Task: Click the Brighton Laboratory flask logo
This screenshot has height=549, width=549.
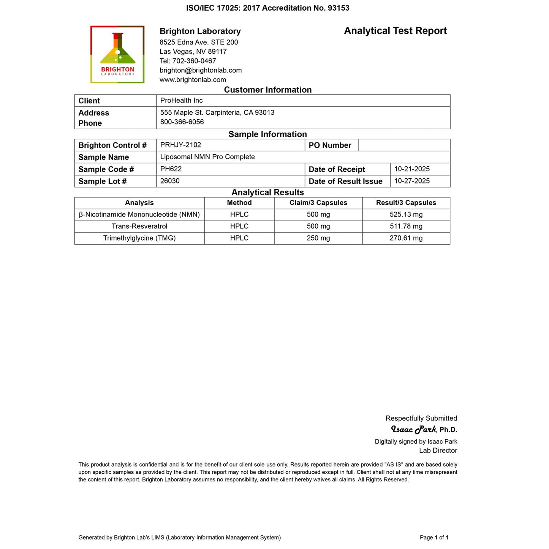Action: (x=117, y=54)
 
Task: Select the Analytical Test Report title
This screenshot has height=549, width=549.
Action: (x=395, y=31)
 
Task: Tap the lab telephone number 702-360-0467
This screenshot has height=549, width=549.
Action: (x=194, y=61)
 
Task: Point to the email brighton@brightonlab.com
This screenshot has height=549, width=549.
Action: (x=201, y=70)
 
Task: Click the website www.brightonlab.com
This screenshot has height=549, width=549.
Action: (x=193, y=80)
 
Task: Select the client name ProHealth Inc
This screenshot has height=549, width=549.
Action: (x=182, y=100)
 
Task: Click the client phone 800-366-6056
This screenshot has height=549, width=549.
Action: (x=182, y=122)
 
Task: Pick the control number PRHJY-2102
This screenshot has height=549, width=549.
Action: (x=180, y=145)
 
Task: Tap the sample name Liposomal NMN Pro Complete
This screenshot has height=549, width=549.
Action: (x=207, y=157)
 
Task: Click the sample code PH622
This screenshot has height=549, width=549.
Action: (x=171, y=169)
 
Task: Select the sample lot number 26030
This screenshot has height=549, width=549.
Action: (x=170, y=181)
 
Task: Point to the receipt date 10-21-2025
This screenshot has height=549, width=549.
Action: (x=412, y=169)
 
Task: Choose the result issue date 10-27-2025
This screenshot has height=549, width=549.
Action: (x=412, y=181)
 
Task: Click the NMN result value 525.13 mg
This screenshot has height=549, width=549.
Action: (x=406, y=214)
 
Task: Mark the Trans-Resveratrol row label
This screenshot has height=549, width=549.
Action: (x=139, y=226)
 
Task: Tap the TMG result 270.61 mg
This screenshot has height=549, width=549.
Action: (x=406, y=238)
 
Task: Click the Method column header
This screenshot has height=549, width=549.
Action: (x=239, y=203)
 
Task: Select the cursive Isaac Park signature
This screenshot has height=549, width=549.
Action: (x=413, y=430)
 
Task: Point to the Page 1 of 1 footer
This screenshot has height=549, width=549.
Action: (x=434, y=537)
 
